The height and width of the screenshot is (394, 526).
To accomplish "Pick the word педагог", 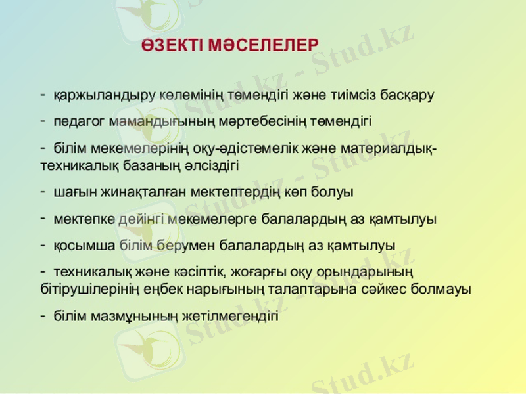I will pyautogui.click(x=80, y=121).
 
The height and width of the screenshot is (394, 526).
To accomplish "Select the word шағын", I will pyautogui.click(x=72, y=192).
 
